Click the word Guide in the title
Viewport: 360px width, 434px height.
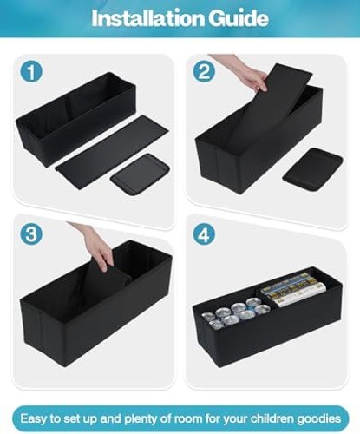click(239, 18)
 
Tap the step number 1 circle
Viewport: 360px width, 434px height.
click(31, 72)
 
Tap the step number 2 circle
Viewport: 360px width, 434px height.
click(205, 72)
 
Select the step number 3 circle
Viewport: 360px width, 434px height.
click(31, 234)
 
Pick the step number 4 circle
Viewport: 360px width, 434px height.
click(205, 234)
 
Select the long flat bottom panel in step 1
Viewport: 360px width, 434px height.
click(112, 152)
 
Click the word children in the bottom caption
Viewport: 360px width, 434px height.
click(272, 418)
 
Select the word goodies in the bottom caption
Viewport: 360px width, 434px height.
click(319, 419)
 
